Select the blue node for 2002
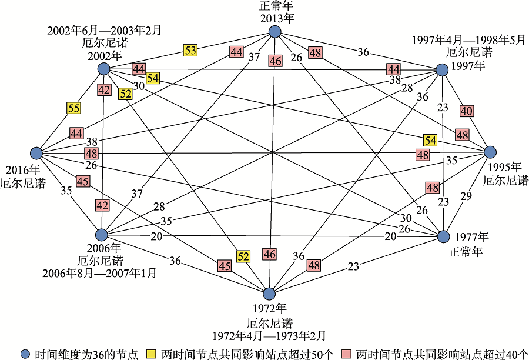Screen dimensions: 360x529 coord(104,69)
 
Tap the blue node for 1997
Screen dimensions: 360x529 coord(442,71)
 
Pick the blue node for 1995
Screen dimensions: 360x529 coord(491,152)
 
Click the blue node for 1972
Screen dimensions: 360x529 coord(269,294)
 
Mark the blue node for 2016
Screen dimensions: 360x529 coord(36,153)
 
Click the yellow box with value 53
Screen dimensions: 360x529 coord(190,51)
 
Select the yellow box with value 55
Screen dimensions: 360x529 coord(74,108)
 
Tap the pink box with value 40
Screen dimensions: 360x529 coord(467,110)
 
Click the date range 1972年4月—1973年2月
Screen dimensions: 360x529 coord(270,336)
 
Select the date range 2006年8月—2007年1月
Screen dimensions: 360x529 coord(101,272)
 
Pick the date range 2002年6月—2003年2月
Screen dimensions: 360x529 coord(104,29)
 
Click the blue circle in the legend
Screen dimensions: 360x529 coord(25,354)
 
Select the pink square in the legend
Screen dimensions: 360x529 coord(346,354)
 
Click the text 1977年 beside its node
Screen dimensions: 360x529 coord(473,237)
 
